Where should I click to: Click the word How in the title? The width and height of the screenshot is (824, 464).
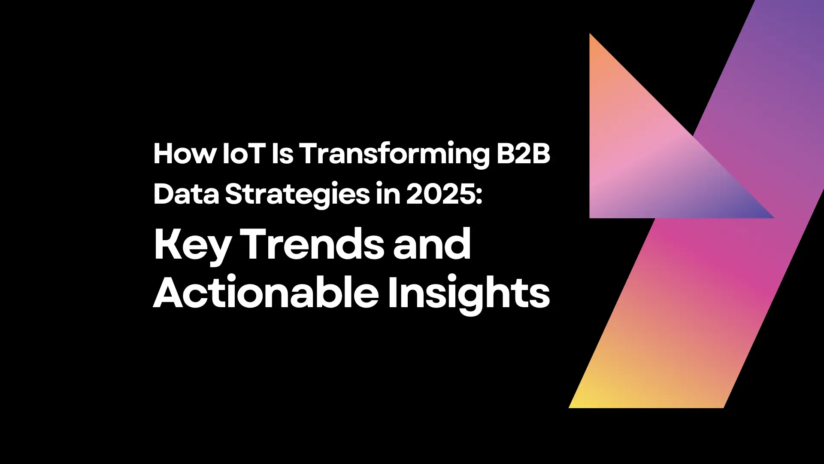185,154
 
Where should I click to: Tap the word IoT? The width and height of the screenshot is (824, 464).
243,154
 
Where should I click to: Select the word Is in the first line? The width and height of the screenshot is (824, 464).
282,154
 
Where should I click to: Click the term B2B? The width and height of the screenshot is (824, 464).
523,154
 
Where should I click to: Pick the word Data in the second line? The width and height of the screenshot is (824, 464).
186,194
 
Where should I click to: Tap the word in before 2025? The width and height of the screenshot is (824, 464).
388,194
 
